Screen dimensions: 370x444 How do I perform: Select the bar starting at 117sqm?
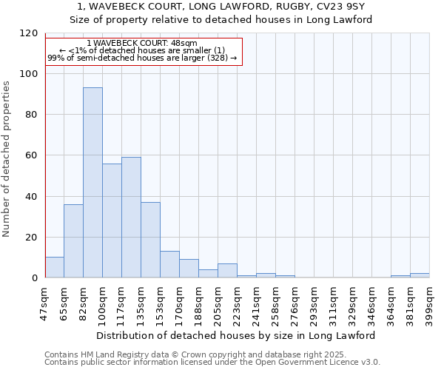pos(131,218)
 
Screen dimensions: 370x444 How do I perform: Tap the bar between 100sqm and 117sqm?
pos(112,221)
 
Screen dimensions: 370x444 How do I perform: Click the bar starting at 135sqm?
pos(150,240)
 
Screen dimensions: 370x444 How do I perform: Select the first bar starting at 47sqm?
pos(54,267)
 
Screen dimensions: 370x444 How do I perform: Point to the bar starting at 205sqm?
pos(227,271)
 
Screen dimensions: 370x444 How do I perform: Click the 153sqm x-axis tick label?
pos(160,302)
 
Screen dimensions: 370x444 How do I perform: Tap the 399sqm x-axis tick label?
pos(429,302)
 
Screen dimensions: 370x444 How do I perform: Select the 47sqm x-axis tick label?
pos(44,302)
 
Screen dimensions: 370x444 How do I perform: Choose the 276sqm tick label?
pos(295,302)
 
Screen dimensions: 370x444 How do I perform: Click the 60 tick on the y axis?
pos(31,155)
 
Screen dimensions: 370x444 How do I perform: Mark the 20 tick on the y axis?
pos(31,238)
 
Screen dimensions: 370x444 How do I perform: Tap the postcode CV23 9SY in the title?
pos(337,7)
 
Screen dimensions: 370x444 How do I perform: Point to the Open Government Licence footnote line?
pos(212,363)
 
